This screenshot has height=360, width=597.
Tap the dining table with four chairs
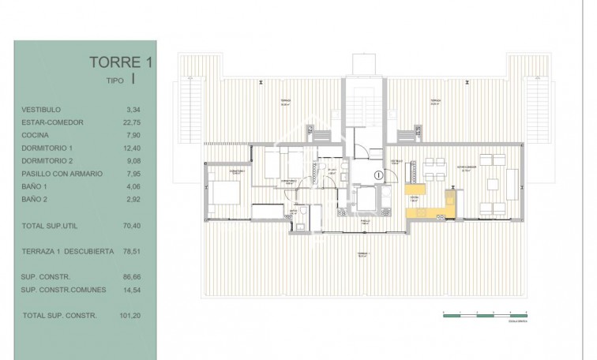[434, 167]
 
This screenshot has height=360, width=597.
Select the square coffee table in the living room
[494, 185]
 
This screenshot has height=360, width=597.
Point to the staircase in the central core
[363, 103]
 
